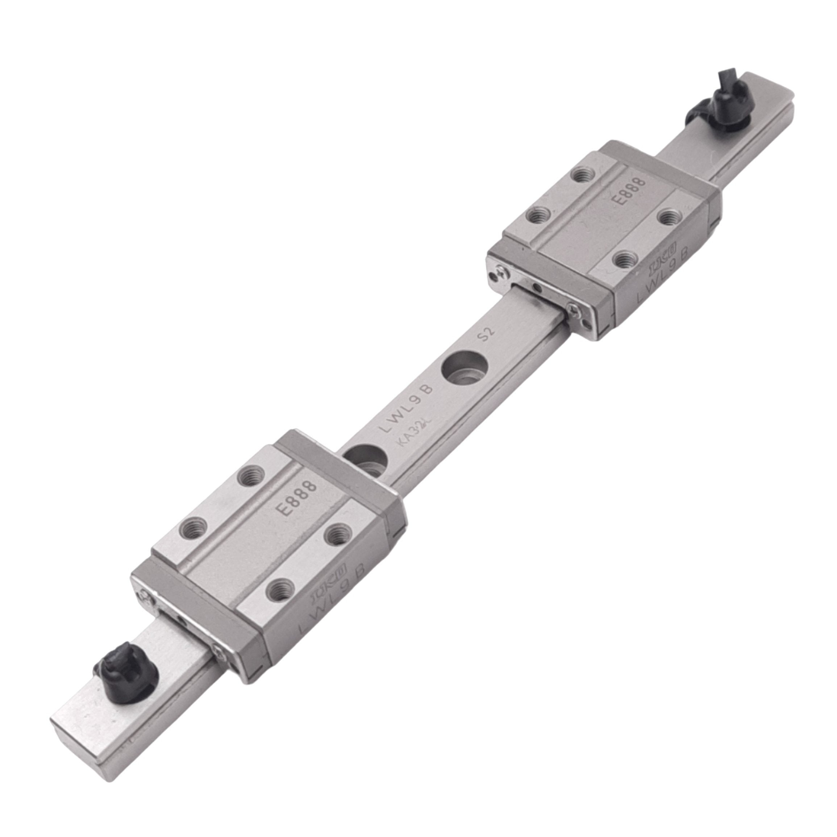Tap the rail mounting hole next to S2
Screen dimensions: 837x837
click(x=464, y=368)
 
